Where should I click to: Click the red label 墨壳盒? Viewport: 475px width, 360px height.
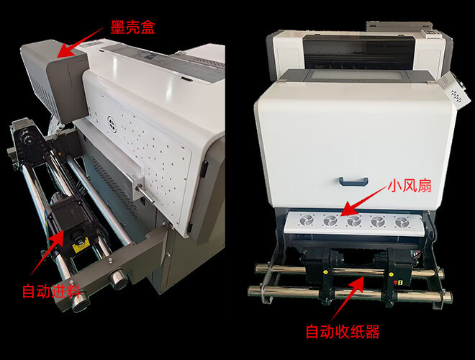(132, 27)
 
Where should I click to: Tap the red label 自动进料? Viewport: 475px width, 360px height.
(52, 292)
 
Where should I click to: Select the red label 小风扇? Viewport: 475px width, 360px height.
(410, 186)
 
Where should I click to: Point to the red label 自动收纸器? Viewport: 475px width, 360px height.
(343, 331)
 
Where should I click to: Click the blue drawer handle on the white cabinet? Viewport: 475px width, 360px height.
(353, 181)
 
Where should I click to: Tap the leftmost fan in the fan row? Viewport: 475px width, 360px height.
(307, 220)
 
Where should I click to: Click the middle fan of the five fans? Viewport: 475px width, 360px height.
(354, 221)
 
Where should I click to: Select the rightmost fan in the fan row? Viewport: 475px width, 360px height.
(402, 222)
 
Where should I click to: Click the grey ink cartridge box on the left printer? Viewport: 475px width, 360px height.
(55, 79)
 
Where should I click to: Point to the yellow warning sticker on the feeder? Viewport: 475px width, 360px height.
(80, 247)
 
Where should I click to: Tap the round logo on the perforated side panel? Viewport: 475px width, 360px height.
(112, 124)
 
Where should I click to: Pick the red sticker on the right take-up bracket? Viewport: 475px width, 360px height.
(395, 282)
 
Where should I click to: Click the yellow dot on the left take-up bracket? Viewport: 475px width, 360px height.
(325, 272)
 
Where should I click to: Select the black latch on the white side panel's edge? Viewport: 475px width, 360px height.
(204, 169)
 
